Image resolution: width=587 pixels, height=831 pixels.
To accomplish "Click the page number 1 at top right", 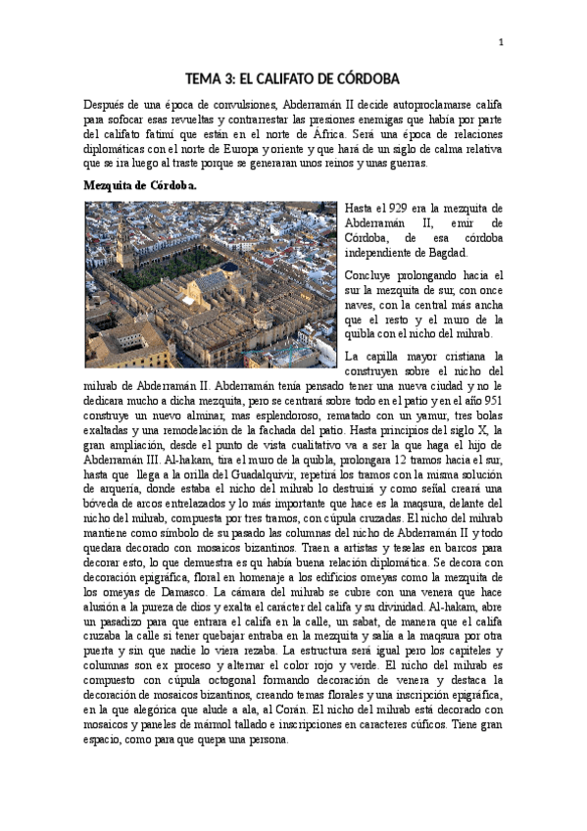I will click(501, 42).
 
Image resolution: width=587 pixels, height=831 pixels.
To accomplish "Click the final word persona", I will click(267, 741).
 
